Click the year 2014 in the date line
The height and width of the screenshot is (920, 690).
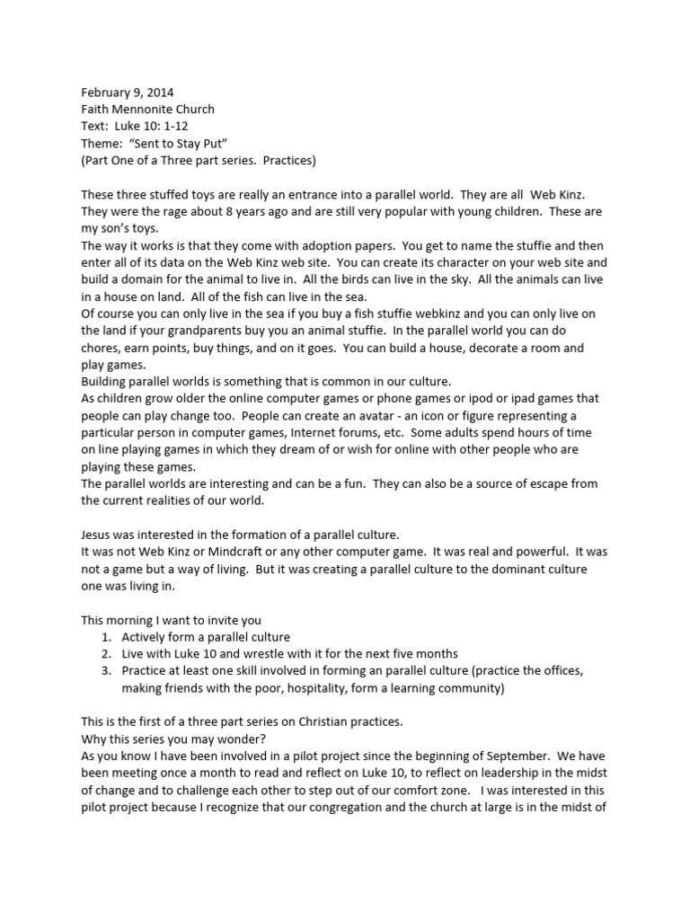pyautogui.click(x=159, y=92)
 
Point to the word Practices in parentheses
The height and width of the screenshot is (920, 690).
pyautogui.click(x=285, y=160)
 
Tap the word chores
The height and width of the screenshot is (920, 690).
pyautogui.click(x=101, y=348)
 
